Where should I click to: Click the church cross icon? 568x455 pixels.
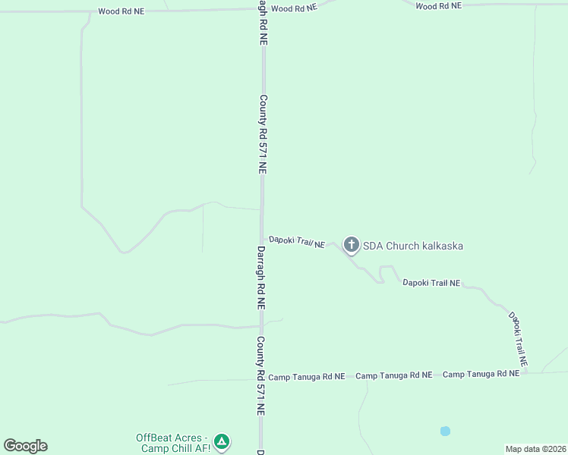351,244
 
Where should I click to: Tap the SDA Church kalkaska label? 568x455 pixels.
413,246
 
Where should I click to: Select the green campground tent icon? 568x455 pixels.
221,441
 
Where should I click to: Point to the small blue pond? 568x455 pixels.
445,431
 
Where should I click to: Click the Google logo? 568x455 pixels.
26,446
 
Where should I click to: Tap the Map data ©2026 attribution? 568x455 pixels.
535,449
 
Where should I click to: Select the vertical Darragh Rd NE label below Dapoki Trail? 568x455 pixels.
260,278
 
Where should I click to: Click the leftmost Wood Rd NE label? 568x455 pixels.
121,11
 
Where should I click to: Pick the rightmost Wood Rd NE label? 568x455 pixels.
438,6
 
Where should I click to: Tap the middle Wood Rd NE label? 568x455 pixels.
293,8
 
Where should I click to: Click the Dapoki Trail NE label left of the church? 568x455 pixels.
297,242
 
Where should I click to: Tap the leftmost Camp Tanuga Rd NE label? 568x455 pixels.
307,376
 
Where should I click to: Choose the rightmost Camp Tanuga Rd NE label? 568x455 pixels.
481,375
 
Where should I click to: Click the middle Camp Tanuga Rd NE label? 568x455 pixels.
394,375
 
